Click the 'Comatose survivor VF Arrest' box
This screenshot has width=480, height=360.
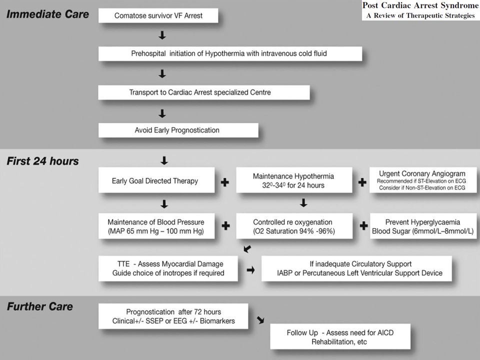[158, 15]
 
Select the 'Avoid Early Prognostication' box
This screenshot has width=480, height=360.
[178, 130]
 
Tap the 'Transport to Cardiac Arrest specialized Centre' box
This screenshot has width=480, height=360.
[204, 92]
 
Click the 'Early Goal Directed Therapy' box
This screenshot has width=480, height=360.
[156, 180]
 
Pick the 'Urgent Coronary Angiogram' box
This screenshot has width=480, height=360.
[423, 180]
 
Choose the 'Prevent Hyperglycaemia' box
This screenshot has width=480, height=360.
[423, 226]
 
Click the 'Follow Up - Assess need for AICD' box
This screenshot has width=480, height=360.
[340, 336]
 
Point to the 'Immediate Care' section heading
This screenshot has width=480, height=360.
[48, 14]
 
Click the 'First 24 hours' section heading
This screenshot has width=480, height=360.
[43, 161]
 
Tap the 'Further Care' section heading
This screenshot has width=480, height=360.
[40, 306]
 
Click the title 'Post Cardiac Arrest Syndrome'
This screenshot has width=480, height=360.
[420, 5]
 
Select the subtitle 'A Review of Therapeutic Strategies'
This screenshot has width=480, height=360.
[420, 15]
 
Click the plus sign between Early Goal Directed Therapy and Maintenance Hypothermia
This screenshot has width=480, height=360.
[225, 182]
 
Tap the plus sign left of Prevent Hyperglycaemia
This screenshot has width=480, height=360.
[363, 226]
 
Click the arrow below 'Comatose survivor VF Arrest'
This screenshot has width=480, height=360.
[162, 35]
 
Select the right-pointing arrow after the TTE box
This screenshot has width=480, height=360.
[250, 270]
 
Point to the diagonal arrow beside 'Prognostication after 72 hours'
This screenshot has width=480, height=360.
[260, 320]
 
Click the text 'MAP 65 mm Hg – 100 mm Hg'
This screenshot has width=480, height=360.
[156, 231]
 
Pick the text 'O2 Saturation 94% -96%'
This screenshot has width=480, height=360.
[294, 231]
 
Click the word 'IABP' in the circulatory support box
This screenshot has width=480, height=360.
[284, 273]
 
